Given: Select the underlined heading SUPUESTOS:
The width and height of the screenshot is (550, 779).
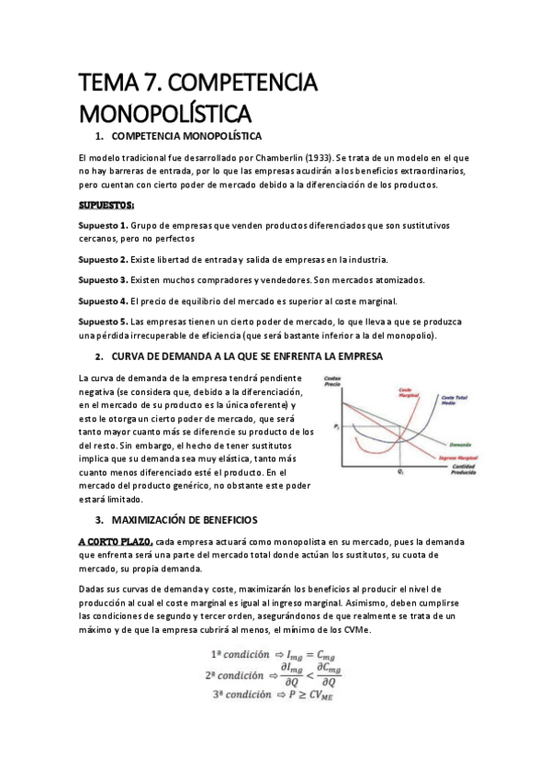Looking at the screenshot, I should (107, 204).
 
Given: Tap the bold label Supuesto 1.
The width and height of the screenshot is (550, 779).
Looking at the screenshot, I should (104, 225).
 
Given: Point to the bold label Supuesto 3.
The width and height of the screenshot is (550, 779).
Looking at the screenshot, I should (104, 279).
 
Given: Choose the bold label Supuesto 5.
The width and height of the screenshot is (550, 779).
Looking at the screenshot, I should (104, 322).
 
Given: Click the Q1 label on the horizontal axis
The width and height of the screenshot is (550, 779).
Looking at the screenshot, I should (400, 471).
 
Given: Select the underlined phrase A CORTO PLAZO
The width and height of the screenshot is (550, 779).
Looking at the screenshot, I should (116, 542).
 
